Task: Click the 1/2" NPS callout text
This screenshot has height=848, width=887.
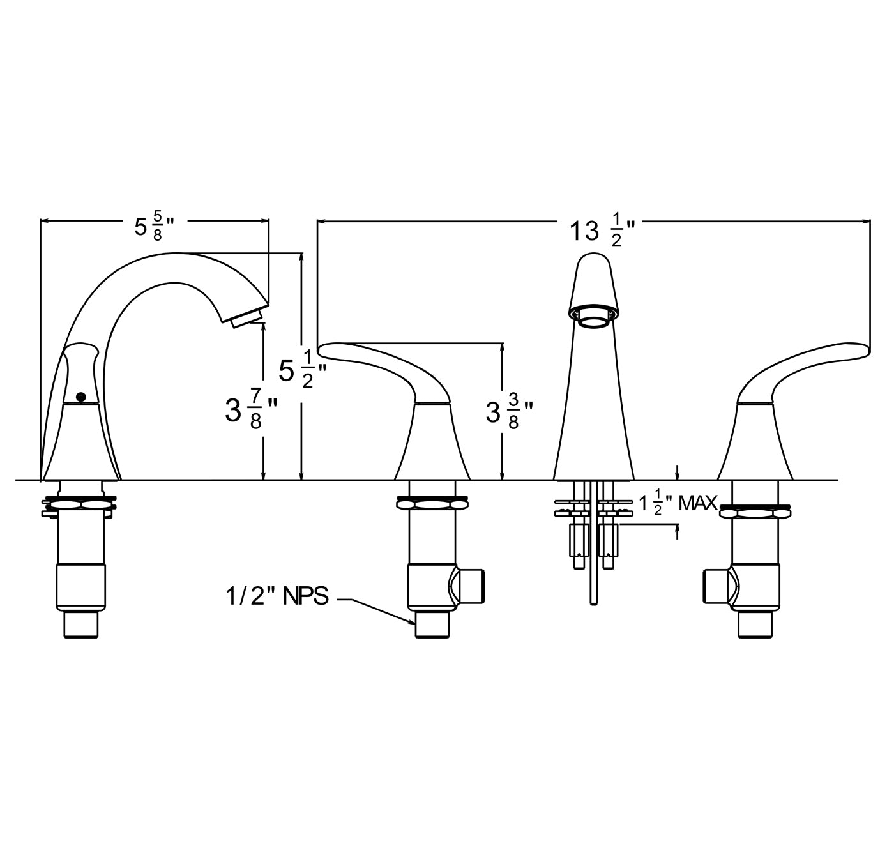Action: [x=277, y=596]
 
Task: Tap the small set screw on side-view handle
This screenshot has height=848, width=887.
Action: [x=81, y=397]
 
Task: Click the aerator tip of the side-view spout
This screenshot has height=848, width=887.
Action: [x=248, y=317]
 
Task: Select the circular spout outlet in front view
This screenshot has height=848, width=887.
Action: [x=593, y=322]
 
